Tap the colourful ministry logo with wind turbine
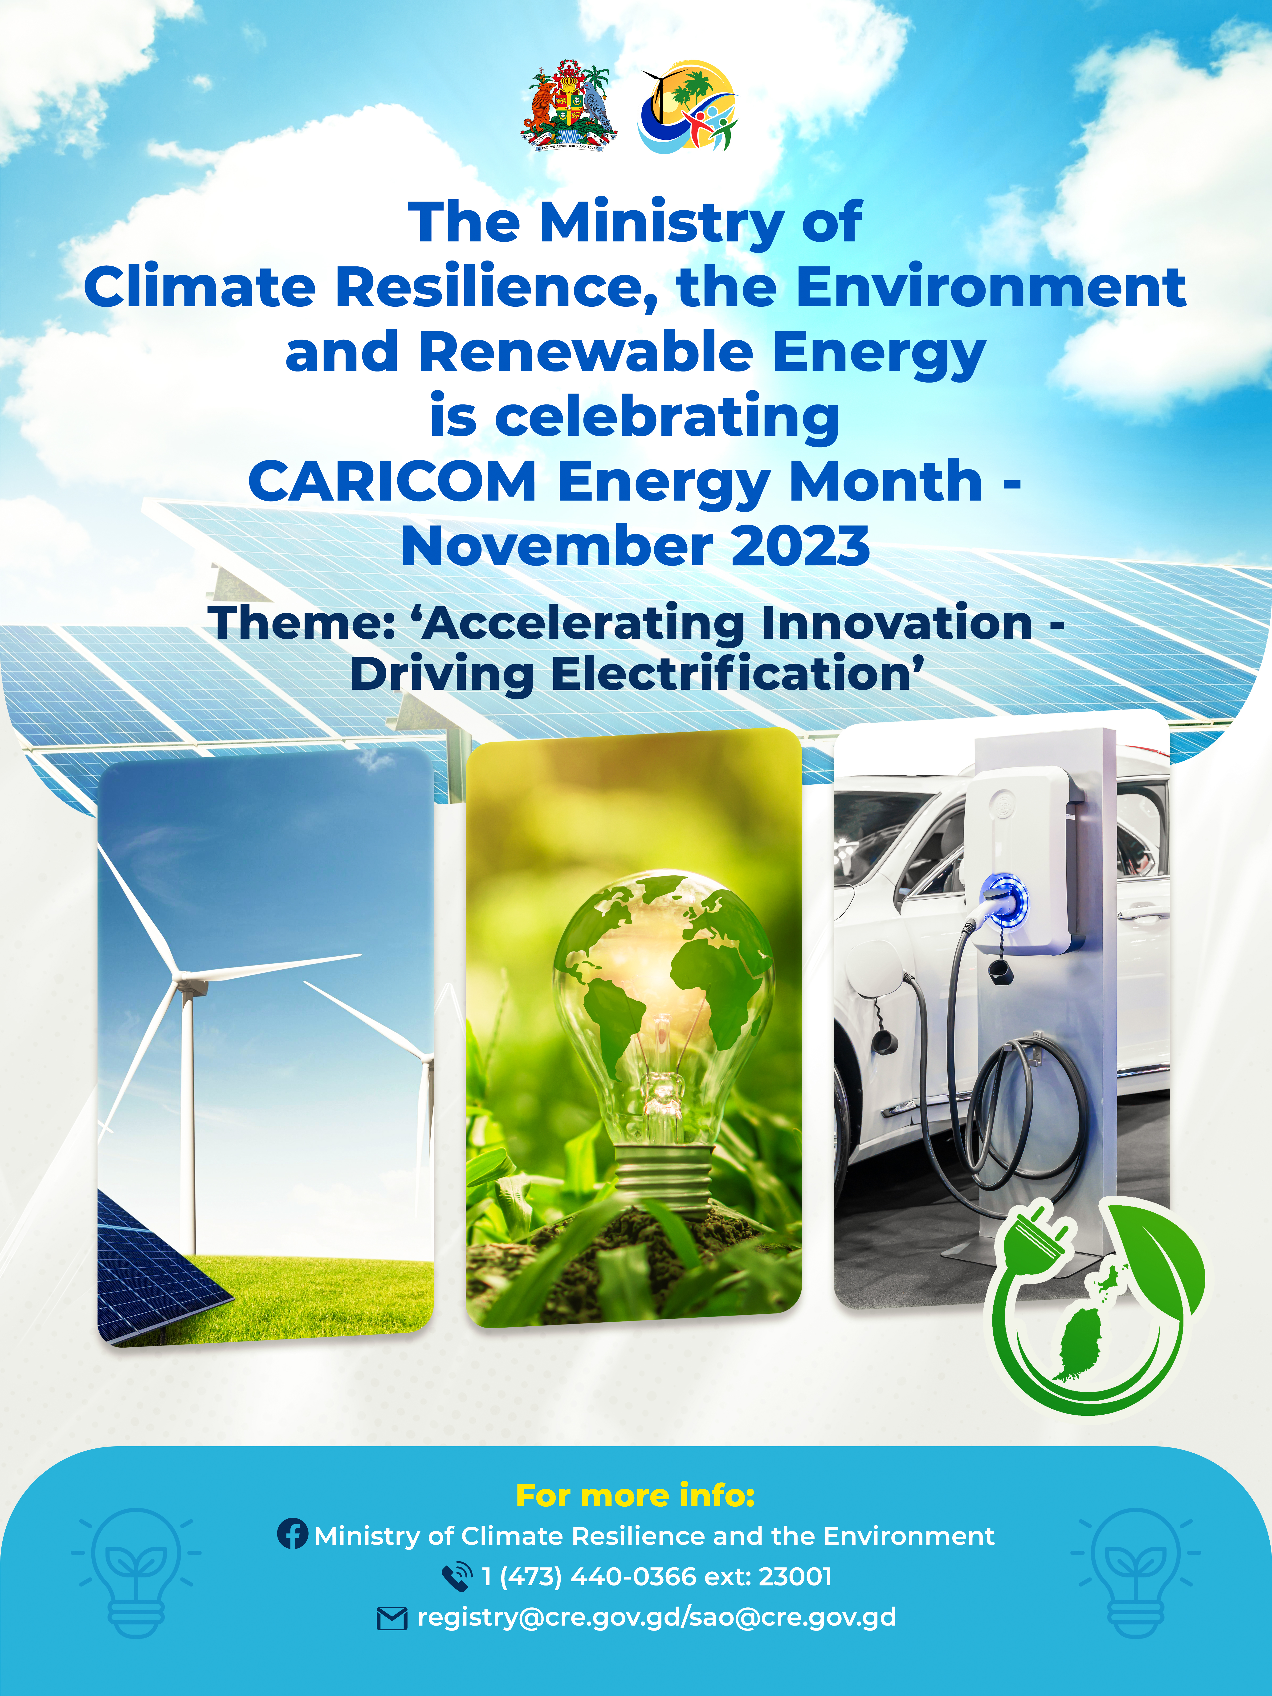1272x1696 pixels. click(x=688, y=106)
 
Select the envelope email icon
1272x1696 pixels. click(x=392, y=1619)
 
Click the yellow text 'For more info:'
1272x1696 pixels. click(x=636, y=1495)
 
